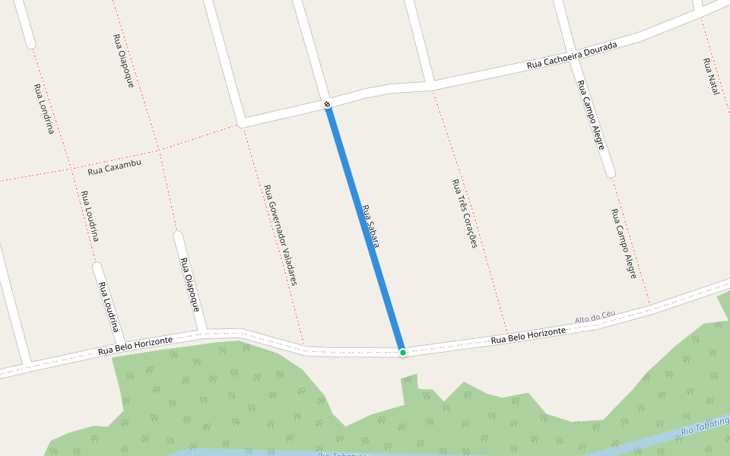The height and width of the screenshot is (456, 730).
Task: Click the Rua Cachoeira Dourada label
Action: (572, 55)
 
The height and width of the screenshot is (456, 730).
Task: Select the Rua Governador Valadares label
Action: (280, 234)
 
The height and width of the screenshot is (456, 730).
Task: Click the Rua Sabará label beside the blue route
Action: (370, 226)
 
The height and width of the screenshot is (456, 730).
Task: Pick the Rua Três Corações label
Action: (464, 214)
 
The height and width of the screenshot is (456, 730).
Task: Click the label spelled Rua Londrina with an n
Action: (44, 109)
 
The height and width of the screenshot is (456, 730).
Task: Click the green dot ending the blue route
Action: (402, 352)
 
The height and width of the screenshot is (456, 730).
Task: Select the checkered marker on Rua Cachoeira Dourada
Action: (327, 104)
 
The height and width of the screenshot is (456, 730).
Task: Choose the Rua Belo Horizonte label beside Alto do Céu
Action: (528, 335)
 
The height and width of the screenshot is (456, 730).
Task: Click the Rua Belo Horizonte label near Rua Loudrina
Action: (135, 346)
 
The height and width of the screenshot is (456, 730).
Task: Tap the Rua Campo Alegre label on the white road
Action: (590, 114)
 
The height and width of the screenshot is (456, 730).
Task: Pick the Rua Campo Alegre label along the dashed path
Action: (624, 243)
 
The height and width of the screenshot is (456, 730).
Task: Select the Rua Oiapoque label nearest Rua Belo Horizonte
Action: (189, 284)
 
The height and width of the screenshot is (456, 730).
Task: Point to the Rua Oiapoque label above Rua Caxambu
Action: (123, 61)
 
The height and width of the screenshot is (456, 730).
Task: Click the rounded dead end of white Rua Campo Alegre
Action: (610, 173)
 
